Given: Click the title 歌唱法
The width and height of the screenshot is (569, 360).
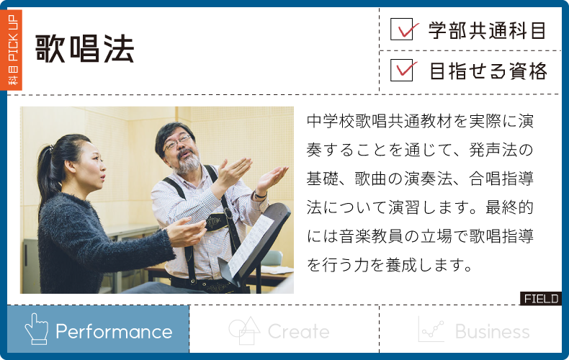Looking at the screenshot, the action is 84,49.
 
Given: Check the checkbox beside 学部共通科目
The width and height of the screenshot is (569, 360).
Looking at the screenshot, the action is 402,29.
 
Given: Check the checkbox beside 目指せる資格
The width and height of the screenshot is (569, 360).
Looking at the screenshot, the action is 402,70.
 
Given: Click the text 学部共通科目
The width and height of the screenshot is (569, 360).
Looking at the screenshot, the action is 487,30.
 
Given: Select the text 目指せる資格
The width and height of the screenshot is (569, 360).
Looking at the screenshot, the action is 488,71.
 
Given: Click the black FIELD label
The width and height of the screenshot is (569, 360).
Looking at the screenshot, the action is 541,299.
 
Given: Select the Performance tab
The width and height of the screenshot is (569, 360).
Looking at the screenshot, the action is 98,329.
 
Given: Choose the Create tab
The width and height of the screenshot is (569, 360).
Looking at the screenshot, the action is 284,329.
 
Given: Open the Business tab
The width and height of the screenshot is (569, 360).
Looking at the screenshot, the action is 470,329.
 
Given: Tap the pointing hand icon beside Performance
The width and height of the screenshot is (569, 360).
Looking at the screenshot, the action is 36,329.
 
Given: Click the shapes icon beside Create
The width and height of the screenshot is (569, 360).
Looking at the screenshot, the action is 244,330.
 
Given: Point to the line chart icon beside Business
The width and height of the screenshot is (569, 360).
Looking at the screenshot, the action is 431,329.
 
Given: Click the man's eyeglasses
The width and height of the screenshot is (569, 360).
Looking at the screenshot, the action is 177,142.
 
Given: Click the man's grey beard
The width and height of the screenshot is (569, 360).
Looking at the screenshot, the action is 187,163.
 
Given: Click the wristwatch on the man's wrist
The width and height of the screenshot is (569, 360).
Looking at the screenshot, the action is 260,195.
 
